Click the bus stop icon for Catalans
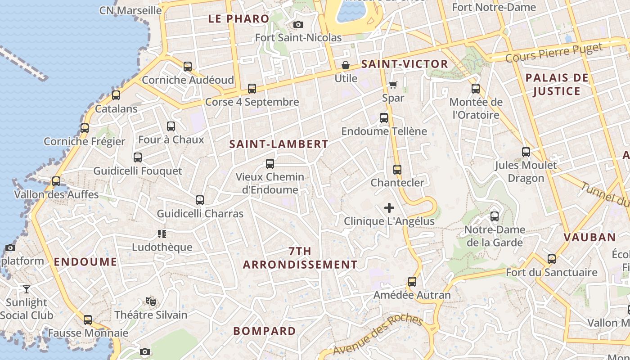116,95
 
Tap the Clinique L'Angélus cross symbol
389,208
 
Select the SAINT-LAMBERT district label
279,144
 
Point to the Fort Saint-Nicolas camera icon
298,24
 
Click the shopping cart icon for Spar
393,85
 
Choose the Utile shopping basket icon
346,65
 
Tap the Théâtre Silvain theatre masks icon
150,301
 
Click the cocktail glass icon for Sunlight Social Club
27,289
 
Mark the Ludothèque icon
162,234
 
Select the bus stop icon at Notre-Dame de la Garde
495,216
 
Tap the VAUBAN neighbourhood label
589,238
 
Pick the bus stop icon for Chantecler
397,170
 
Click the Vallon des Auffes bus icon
56,181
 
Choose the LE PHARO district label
238,19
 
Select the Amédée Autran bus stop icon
412,282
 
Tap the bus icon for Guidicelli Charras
200,200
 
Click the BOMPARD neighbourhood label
265,331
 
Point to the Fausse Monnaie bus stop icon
88,320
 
